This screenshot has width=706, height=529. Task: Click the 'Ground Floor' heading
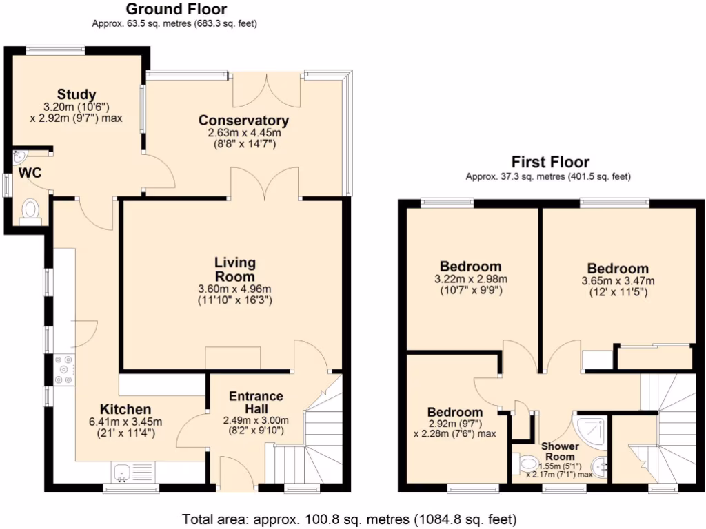point(176,9)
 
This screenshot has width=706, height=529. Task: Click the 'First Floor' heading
point(549,163)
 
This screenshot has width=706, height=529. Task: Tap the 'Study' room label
point(76,94)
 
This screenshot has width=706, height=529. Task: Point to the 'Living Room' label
point(234,269)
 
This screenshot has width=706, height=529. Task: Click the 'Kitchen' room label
point(125,409)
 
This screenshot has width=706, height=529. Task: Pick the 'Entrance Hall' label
point(255,402)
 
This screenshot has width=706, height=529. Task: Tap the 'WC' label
point(30,173)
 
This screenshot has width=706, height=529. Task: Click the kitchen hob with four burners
point(63,369)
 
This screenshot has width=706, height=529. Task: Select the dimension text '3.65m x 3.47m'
point(618,281)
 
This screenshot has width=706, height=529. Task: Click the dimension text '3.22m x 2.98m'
point(470,279)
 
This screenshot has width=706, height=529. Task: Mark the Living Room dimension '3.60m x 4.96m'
point(234,289)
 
